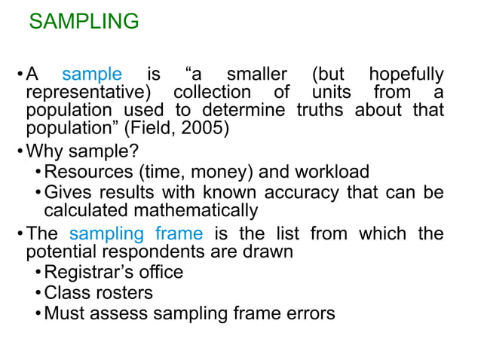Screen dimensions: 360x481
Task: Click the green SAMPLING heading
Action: coord(84,21)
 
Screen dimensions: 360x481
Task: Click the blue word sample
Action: coord(91,75)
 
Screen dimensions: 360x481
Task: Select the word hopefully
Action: coord(406,75)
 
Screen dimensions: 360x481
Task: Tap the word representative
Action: coord(85,92)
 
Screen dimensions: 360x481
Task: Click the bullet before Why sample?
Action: coord(20,148)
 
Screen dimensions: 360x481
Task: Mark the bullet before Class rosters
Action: coord(38,292)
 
